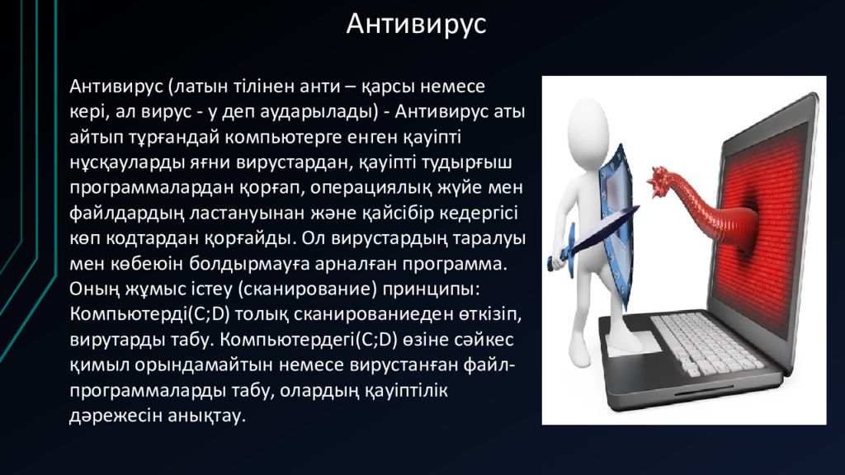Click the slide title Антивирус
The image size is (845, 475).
[x=416, y=25]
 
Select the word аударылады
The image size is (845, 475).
[x=319, y=112]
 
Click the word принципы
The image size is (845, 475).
[x=431, y=289]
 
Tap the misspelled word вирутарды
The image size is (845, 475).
[x=116, y=340]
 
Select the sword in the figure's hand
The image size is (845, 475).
[x=592, y=237]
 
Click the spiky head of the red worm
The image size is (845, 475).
[x=663, y=184]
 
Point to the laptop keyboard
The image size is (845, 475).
[x=707, y=344]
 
